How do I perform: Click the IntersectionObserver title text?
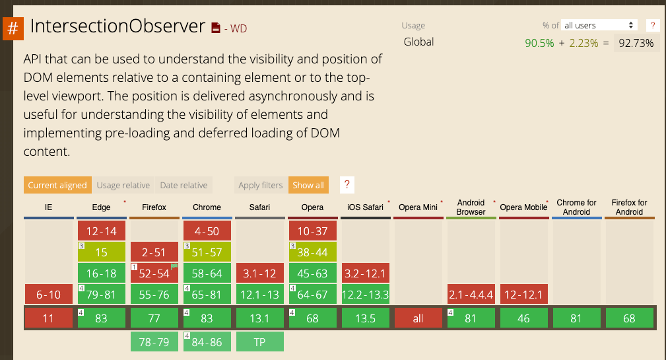point(118,26)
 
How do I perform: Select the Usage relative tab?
point(123,186)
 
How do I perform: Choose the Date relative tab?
point(183,186)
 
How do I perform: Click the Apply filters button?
point(260,186)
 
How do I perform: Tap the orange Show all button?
point(308,186)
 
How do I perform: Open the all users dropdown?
point(599,25)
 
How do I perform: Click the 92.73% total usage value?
point(636,44)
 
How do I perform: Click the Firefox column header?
point(154,207)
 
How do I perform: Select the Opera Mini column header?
point(418,207)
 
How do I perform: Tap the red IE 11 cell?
point(48,318)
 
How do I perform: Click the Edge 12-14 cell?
point(101,231)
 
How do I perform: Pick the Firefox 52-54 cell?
point(154,273)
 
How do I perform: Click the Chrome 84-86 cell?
point(207,342)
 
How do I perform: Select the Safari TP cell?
point(259,342)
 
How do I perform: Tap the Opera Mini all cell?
point(418,318)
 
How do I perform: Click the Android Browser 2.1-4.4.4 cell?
point(471,295)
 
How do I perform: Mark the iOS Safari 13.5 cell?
point(365,318)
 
